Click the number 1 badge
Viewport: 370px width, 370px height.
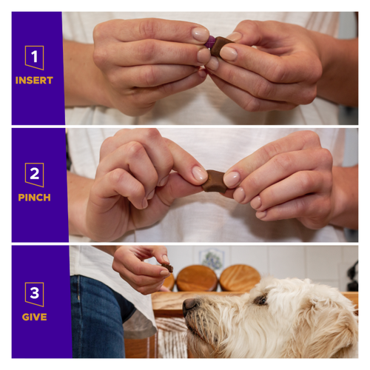pos(35,57)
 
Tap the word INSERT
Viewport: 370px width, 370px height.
pos(35,80)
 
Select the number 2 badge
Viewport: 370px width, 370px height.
pos(35,175)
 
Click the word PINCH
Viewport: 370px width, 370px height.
pos(35,198)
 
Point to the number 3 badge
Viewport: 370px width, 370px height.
pos(35,293)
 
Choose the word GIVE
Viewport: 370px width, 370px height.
pos(35,317)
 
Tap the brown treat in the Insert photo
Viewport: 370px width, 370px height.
pos(219,46)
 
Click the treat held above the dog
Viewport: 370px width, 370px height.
pos(169,268)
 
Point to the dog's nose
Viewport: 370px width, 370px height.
pos(190,304)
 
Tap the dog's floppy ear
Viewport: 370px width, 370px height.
pos(326,326)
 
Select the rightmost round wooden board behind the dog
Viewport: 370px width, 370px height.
pos(240,278)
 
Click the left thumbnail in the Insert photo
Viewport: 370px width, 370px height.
pos(200,33)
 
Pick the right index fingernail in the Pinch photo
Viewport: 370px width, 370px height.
pos(232,178)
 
